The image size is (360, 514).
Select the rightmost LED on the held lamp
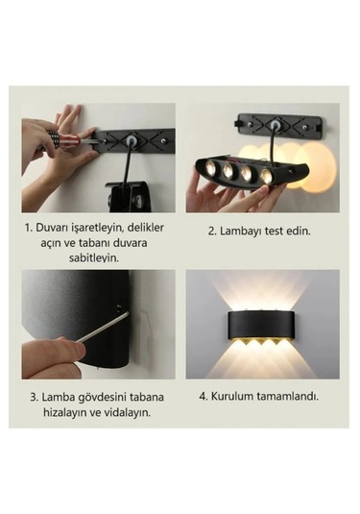[267, 177]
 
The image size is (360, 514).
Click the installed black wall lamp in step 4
[262, 325]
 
